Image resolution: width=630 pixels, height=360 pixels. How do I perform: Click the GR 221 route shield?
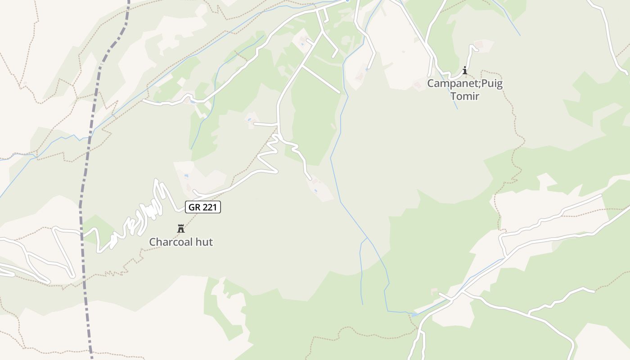(x=203, y=207)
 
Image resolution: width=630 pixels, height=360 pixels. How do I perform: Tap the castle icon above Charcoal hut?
(x=181, y=229)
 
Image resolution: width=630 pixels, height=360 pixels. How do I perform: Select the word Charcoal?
(x=170, y=242)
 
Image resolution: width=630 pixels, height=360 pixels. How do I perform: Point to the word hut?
(x=203, y=242)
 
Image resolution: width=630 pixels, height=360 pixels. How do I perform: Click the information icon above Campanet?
(x=465, y=71)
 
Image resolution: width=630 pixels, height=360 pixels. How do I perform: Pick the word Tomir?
(x=465, y=96)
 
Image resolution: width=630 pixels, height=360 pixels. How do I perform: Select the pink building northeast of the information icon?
(x=478, y=45)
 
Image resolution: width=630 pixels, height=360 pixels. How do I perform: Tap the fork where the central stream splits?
(x=367, y=238)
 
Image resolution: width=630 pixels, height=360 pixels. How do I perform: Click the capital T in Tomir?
(x=454, y=96)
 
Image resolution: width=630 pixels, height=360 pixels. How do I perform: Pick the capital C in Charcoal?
(x=153, y=242)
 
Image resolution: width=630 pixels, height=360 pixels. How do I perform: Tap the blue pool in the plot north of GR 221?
(x=186, y=176)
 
